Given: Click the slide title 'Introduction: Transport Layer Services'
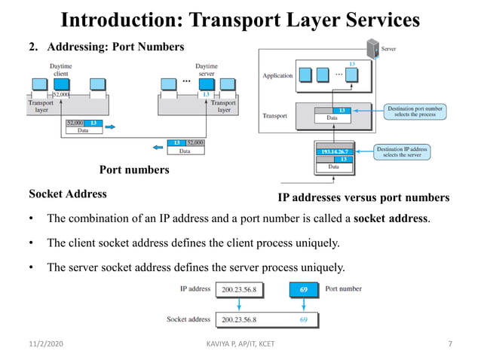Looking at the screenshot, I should click(x=240, y=19).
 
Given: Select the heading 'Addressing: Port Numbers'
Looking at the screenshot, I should click(x=112, y=47).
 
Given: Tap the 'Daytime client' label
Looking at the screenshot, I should click(x=61, y=70).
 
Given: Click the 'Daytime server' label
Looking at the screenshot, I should click(x=206, y=70).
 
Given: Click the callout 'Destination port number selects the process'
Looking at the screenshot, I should click(x=415, y=111).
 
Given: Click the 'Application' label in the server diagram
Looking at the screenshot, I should click(x=277, y=76).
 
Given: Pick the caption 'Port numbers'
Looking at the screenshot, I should click(x=134, y=169).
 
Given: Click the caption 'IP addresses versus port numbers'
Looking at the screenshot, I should click(x=363, y=198).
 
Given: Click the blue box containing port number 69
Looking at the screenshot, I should click(x=303, y=289).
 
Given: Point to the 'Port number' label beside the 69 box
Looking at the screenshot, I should click(x=343, y=288).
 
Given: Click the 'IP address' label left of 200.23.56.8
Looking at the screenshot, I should click(x=195, y=288).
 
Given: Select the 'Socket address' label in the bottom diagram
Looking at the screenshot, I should click(x=188, y=319).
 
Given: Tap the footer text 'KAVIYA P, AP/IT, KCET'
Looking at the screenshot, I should click(x=240, y=344).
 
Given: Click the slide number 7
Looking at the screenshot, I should click(x=450, y=344).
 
